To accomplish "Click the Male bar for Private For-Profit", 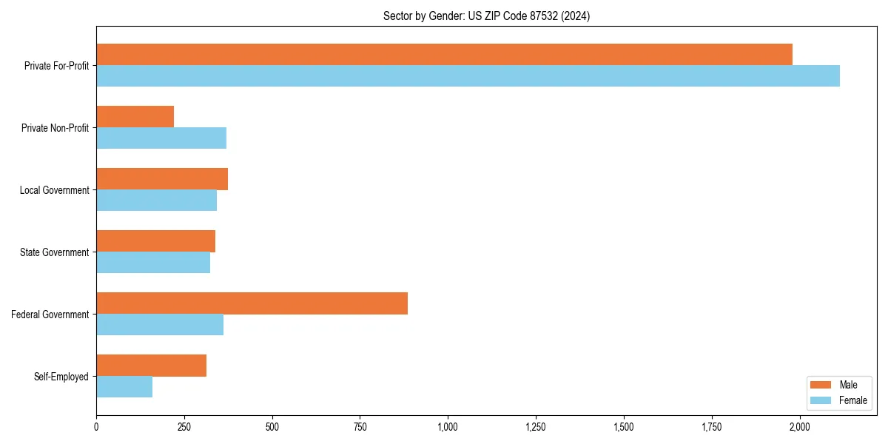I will [x=444, y=55].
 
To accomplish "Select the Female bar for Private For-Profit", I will [x=468, y=76].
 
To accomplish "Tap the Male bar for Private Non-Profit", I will [x=135, y=117].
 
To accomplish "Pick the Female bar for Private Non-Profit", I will [x=161, y=138].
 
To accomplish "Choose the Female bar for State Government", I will [x=153, y=263].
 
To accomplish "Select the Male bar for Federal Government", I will [x=252, y=303].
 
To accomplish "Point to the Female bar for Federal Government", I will [x=160, y=325].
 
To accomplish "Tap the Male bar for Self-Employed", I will [x=151, y=366].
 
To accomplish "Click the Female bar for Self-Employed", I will [x=124, y=387].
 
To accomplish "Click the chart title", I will [x=486, y=16].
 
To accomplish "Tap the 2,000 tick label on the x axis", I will [x=799, y=427].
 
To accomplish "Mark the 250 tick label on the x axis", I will [x=184, y=427].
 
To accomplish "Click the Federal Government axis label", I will [x=50, y=314].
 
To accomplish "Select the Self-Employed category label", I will [x=61, y=377].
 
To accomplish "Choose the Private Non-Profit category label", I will [x=55, y=128].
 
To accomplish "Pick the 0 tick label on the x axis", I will [x=96, y=427].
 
